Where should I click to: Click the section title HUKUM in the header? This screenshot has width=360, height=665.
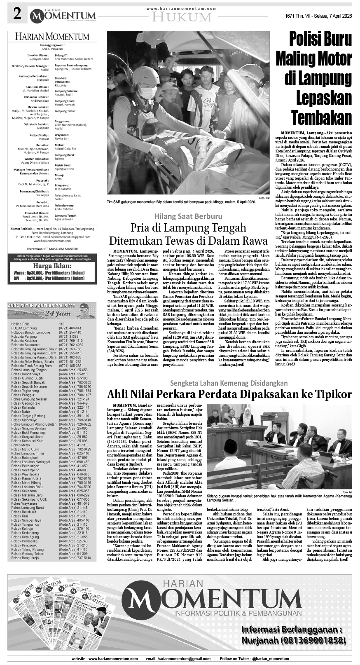click(x=181, y=17)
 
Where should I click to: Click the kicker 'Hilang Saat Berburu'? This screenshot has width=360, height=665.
click(x=188, y=216)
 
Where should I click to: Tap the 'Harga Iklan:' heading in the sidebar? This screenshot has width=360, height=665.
click(x=52, y=266)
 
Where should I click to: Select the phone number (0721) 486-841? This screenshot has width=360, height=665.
click(x=70, y=328)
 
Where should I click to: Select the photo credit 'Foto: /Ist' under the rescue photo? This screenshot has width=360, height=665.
click(x=264, y=198)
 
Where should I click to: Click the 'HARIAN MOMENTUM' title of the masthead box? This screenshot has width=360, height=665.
click(x=52, y=37)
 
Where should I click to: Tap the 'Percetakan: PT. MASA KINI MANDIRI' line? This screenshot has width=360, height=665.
click(x=52, y=249)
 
